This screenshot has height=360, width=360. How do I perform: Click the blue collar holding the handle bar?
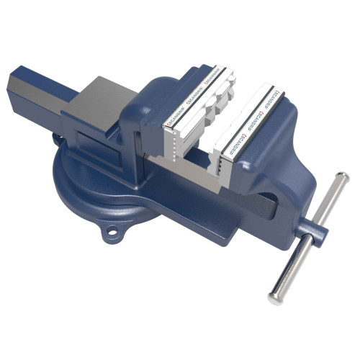click(315, 233)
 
